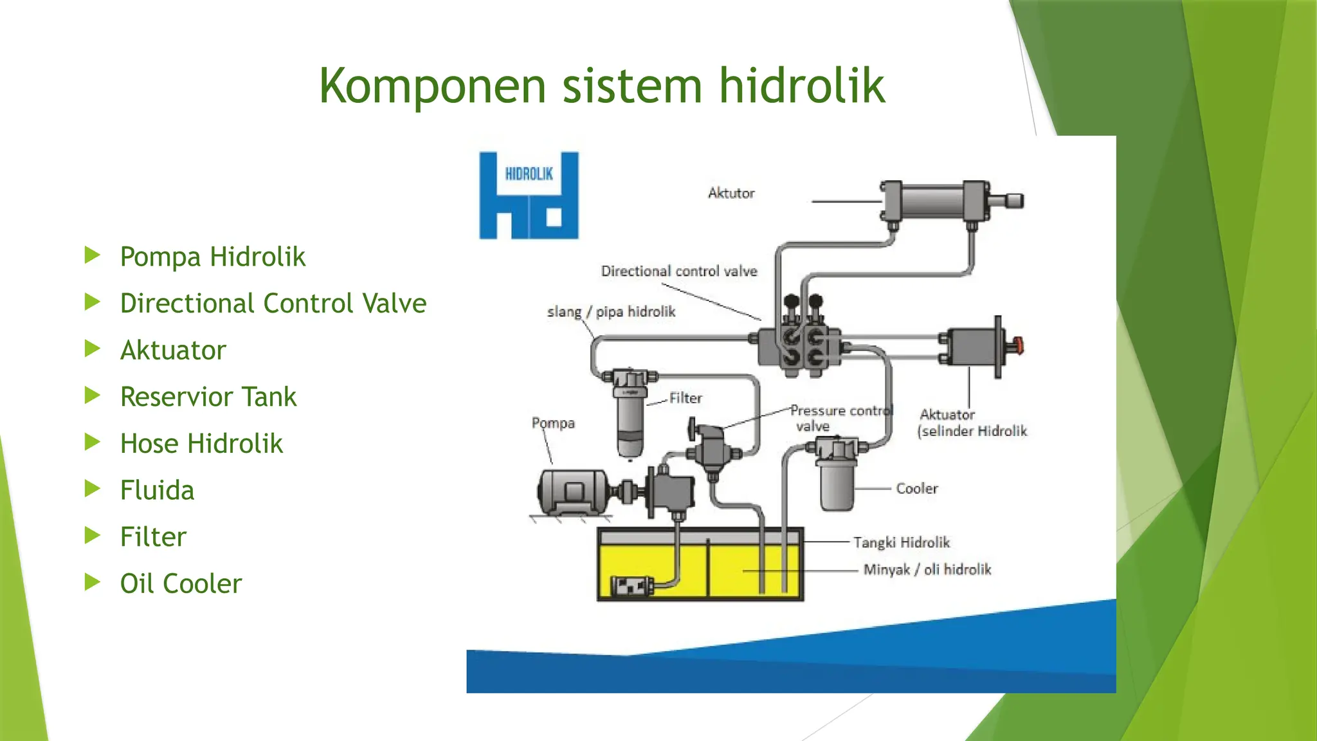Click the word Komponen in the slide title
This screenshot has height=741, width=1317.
pos(432,87)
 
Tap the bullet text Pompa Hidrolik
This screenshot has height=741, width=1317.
pos(212,257)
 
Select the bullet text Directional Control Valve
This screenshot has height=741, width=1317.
pos(273,304)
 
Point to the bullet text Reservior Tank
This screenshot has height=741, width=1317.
pos(208,397)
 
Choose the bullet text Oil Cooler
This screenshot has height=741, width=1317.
pos(181,583)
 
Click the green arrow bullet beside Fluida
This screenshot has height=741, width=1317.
pos(93,489)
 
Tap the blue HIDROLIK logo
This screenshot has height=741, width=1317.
pos(529,196)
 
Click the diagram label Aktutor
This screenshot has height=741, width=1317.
pos(731,193)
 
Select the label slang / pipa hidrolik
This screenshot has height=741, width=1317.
pos(611,312)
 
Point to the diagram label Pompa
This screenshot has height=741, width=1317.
pos(553,423)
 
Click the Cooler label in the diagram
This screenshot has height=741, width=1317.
pos(917,488)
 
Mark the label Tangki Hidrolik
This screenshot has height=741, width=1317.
pos(902,542)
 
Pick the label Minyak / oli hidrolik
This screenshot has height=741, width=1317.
pos(927,569)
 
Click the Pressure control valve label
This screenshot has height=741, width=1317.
pos(839,417)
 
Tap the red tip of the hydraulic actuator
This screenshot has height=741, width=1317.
pos(1017,345)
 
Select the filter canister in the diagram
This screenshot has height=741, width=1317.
pos(630,415)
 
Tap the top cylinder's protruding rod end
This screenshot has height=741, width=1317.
pos(1013,201)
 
